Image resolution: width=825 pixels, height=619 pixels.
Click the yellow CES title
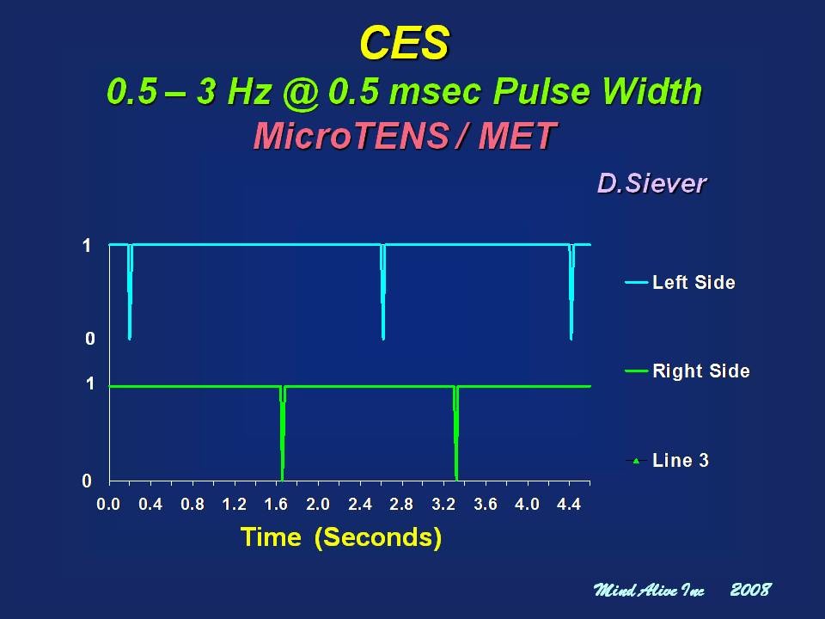click(405, 43)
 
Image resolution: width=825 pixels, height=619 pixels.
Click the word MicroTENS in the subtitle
click(351, 136)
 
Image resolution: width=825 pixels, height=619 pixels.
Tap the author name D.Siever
click(652, 184)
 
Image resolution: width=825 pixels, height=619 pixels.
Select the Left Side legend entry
click(681, 283)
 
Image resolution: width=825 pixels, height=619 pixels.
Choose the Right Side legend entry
click(687, 371)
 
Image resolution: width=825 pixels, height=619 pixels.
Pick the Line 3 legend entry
click(667, 461)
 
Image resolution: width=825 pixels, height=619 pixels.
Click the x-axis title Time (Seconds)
click(341, 537)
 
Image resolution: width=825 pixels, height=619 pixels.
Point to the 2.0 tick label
click(318, 505)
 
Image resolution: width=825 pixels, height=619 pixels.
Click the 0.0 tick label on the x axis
click(108, 505)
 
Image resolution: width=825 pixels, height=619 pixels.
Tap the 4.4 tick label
click(569, 505)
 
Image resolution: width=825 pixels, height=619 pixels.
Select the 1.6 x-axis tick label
click(276, 505)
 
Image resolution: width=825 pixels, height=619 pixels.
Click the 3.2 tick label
click(443, 505)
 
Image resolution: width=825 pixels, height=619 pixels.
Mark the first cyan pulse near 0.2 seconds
click(130, 292)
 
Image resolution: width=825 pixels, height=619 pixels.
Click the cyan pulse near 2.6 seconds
click(383, 292)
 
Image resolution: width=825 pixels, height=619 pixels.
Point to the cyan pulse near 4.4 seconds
click(571, 292)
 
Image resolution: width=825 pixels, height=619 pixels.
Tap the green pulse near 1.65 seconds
click(283, 433)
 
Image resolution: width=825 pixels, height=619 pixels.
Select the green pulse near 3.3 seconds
click(456, 433)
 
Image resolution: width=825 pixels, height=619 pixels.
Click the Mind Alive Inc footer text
click(649, 590)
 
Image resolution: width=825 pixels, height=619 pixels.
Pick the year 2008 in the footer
click(751, 590)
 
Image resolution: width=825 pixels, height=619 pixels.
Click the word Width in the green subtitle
click(652, 91)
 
